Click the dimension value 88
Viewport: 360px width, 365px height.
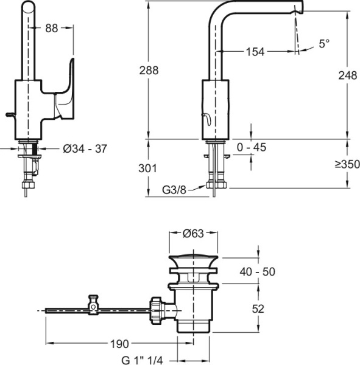(52, 28)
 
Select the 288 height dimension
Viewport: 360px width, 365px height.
(149, 71)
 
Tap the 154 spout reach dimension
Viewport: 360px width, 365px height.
(255, 52)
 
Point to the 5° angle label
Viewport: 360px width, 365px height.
(324, 44)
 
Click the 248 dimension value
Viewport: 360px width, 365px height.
(348, 75)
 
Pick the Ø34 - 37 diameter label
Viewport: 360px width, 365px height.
(85, 149)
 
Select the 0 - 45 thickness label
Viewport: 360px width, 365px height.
(252, 147)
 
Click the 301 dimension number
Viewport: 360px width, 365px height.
(147, 169)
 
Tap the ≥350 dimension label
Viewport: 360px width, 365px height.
(347, 164)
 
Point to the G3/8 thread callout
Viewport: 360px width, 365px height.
(174, 190)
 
